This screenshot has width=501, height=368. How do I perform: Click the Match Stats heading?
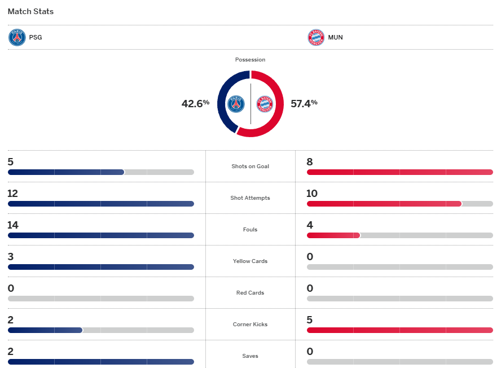coord(31,11)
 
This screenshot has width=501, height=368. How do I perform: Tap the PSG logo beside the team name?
coord(17,38)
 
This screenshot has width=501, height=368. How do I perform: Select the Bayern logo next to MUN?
coord(316,38)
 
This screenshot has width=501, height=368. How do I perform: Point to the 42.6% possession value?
coord(195,103)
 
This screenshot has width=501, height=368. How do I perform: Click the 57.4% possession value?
coord(304,103)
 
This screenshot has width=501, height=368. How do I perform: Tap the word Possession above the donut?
coord(250,60)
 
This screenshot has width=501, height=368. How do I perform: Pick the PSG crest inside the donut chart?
coord(236,104)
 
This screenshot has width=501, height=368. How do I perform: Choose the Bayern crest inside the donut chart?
coord(265,104)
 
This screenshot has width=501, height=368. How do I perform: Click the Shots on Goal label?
coord(250,167)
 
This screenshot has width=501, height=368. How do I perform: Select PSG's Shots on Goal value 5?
coord(11,162)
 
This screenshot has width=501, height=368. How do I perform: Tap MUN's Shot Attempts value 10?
coord(312,194)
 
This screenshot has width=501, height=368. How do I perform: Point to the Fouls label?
coord(250,230)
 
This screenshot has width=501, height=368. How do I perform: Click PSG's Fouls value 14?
coord(13,225)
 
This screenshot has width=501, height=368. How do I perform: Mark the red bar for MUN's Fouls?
coord(333,235)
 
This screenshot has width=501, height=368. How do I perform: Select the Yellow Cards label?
coord(250,261)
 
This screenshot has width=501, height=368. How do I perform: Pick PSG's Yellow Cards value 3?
coord(11,257)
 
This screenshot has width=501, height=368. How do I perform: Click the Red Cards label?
coord(250,293)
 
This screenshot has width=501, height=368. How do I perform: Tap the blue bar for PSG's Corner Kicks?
coord(45,330)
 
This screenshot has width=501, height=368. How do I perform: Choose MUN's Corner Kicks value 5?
coord(310,320)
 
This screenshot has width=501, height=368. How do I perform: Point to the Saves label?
coord(250,356)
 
